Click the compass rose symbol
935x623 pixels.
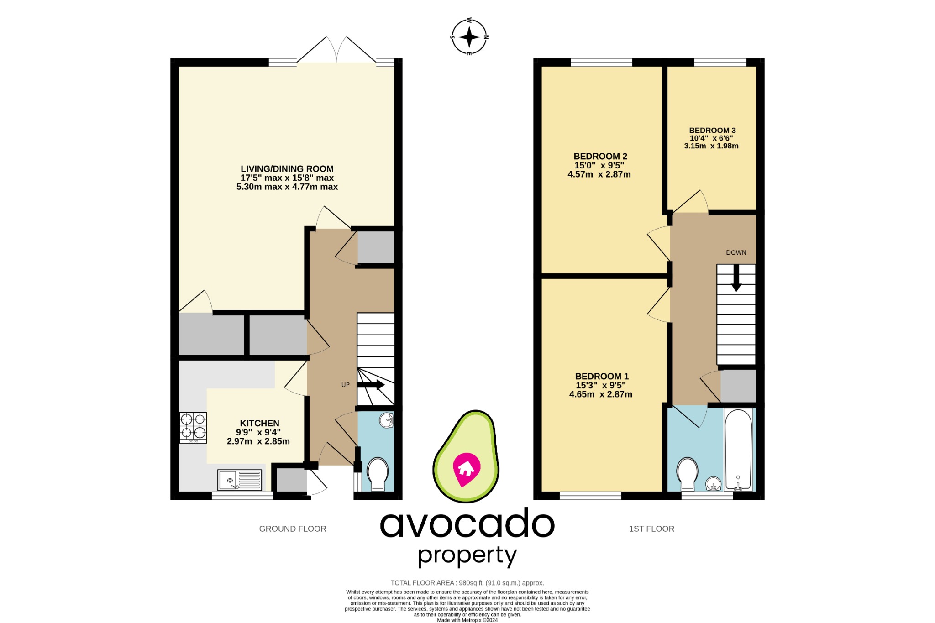[x=469, y=37]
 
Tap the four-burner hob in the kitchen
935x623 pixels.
[x=193, y=428]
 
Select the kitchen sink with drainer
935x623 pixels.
[x=240, y=480]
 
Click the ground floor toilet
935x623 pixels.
[x=378, y=473]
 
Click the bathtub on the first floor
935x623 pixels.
[x=738, y=450]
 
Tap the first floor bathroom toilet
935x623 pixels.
[x=687, y=473]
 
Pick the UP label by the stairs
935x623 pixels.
[x=346, y=385]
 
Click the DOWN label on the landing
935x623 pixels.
[x=736, y=252]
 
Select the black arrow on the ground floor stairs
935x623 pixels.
[x=371, y=385]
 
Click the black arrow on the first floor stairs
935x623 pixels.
[x=736, y=278]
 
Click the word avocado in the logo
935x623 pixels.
[x=467, y=524]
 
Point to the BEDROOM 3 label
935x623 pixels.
[x=712, y=131]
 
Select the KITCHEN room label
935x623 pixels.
[x=259, y=423]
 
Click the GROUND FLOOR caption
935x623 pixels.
[x=293, y=529]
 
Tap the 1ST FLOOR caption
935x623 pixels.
[x=651, y=529]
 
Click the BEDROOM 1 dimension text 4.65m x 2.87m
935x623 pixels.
[x=600, y=394]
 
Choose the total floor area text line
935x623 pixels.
[x=467, y=583]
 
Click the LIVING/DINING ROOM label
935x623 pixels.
[x=287, y=169]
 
